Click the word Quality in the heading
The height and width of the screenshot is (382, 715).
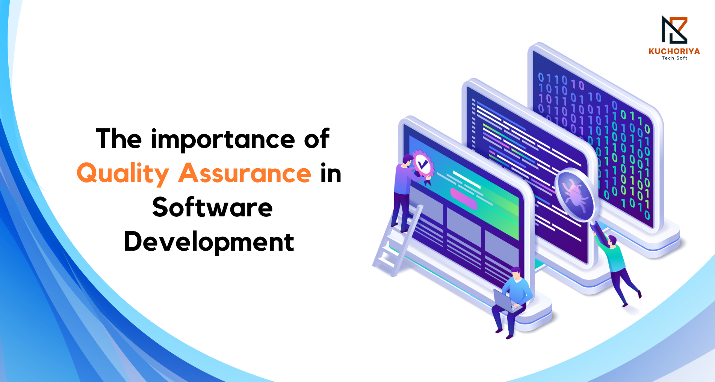(x=122, y=173)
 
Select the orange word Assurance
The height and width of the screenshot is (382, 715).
(x=245, y=173)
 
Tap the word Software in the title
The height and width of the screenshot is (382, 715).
(x=212, y=208)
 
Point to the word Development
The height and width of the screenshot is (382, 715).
(x=209, y=242)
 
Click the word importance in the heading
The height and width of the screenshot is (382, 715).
(x=223, y=139)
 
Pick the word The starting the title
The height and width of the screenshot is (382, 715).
(x=119, y=139)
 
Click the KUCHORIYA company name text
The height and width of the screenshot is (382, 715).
(x=674, y=52)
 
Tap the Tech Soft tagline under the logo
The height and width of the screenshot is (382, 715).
(x=674, y=58)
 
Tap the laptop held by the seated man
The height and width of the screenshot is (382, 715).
(x=504, y=301)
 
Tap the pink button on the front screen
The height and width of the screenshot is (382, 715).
(x=463, y=199)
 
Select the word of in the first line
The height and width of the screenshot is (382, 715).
(x=316, y=139)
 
